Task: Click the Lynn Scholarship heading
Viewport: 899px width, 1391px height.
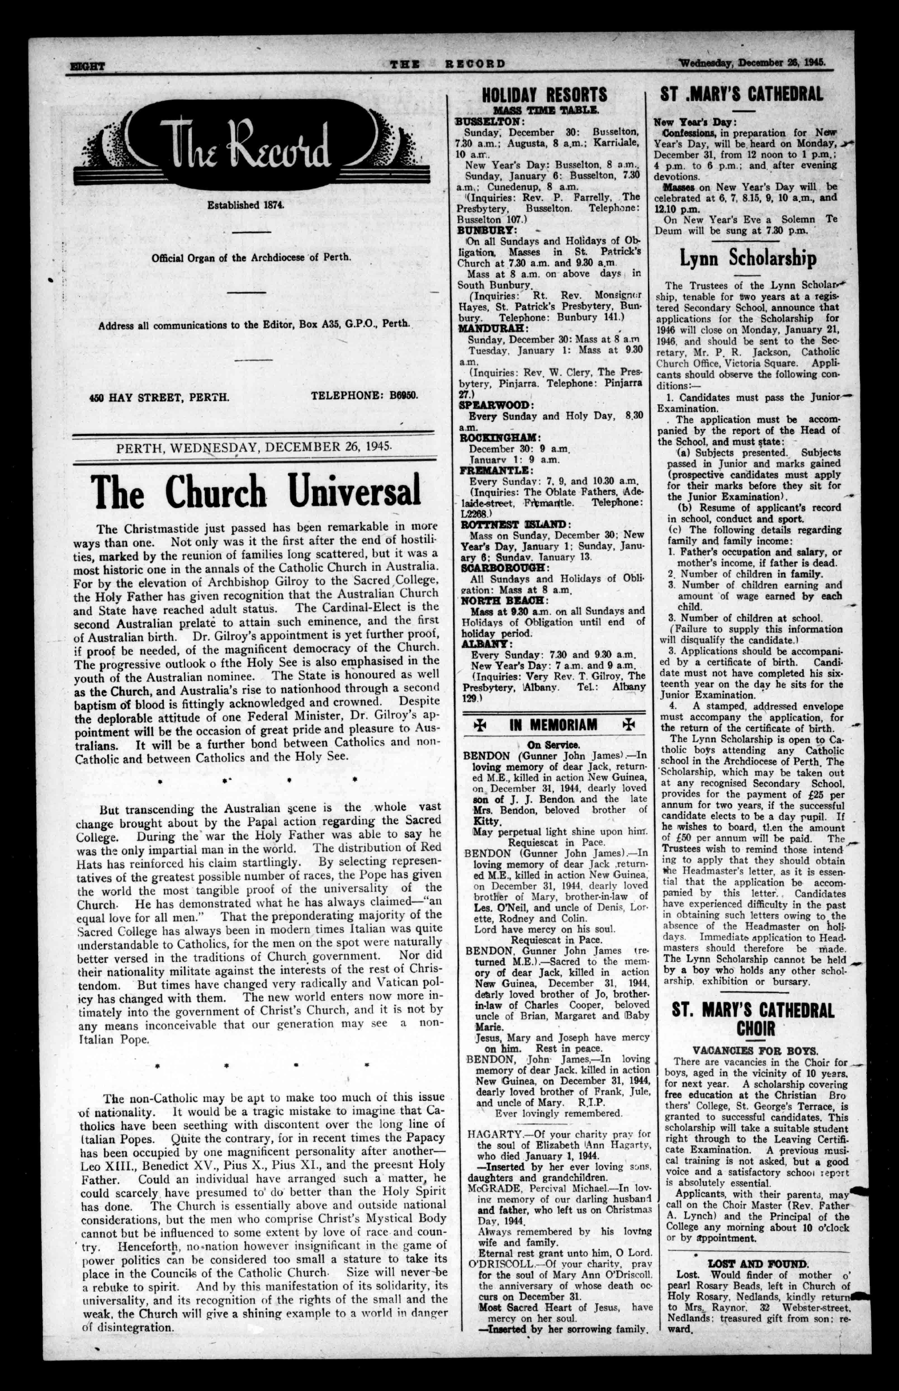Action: pos(748,259)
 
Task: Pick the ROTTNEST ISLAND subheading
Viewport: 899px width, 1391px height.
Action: pos(514,524)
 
